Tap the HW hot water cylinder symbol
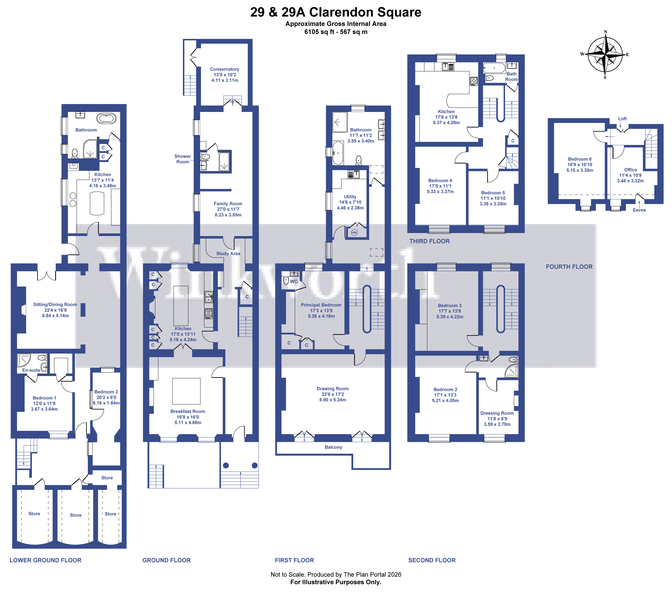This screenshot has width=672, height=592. coord(354,233)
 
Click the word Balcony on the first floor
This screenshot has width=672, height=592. coord(333,447)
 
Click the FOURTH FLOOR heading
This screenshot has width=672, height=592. coord(569,267)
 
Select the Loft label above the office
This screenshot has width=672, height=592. coord(622,119)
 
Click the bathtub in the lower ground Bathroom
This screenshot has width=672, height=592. coord(106,118)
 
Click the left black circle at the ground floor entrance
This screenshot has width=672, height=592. coord(226,465)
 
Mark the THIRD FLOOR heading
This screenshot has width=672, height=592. coord(429,241)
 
